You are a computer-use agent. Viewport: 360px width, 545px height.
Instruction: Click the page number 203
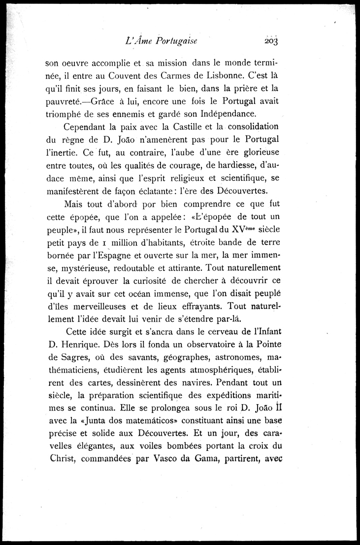tap(270, 41)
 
